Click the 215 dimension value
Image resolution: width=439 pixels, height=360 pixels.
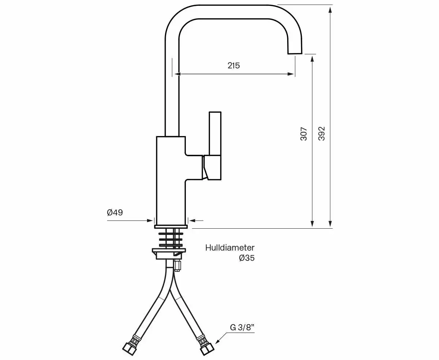(233, 66)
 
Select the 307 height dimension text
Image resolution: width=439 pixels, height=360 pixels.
(304, 134)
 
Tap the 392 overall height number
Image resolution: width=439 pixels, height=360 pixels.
(321, 134)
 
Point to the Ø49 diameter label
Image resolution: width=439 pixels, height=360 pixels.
(115, 213)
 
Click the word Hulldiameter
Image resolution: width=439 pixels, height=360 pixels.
(230, 248)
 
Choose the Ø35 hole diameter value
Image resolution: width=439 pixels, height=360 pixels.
(247, 258)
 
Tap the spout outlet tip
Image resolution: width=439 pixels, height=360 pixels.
(294, 53)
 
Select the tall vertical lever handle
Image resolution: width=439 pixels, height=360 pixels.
(215, 133)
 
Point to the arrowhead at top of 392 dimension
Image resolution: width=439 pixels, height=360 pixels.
(330, 10)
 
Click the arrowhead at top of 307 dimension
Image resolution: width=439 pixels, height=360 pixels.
(312, 59)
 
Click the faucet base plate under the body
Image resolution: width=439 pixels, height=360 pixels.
(171, 226)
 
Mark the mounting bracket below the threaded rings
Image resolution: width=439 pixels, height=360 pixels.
(169, 253)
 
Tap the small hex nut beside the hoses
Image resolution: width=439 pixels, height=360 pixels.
(177, 266)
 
